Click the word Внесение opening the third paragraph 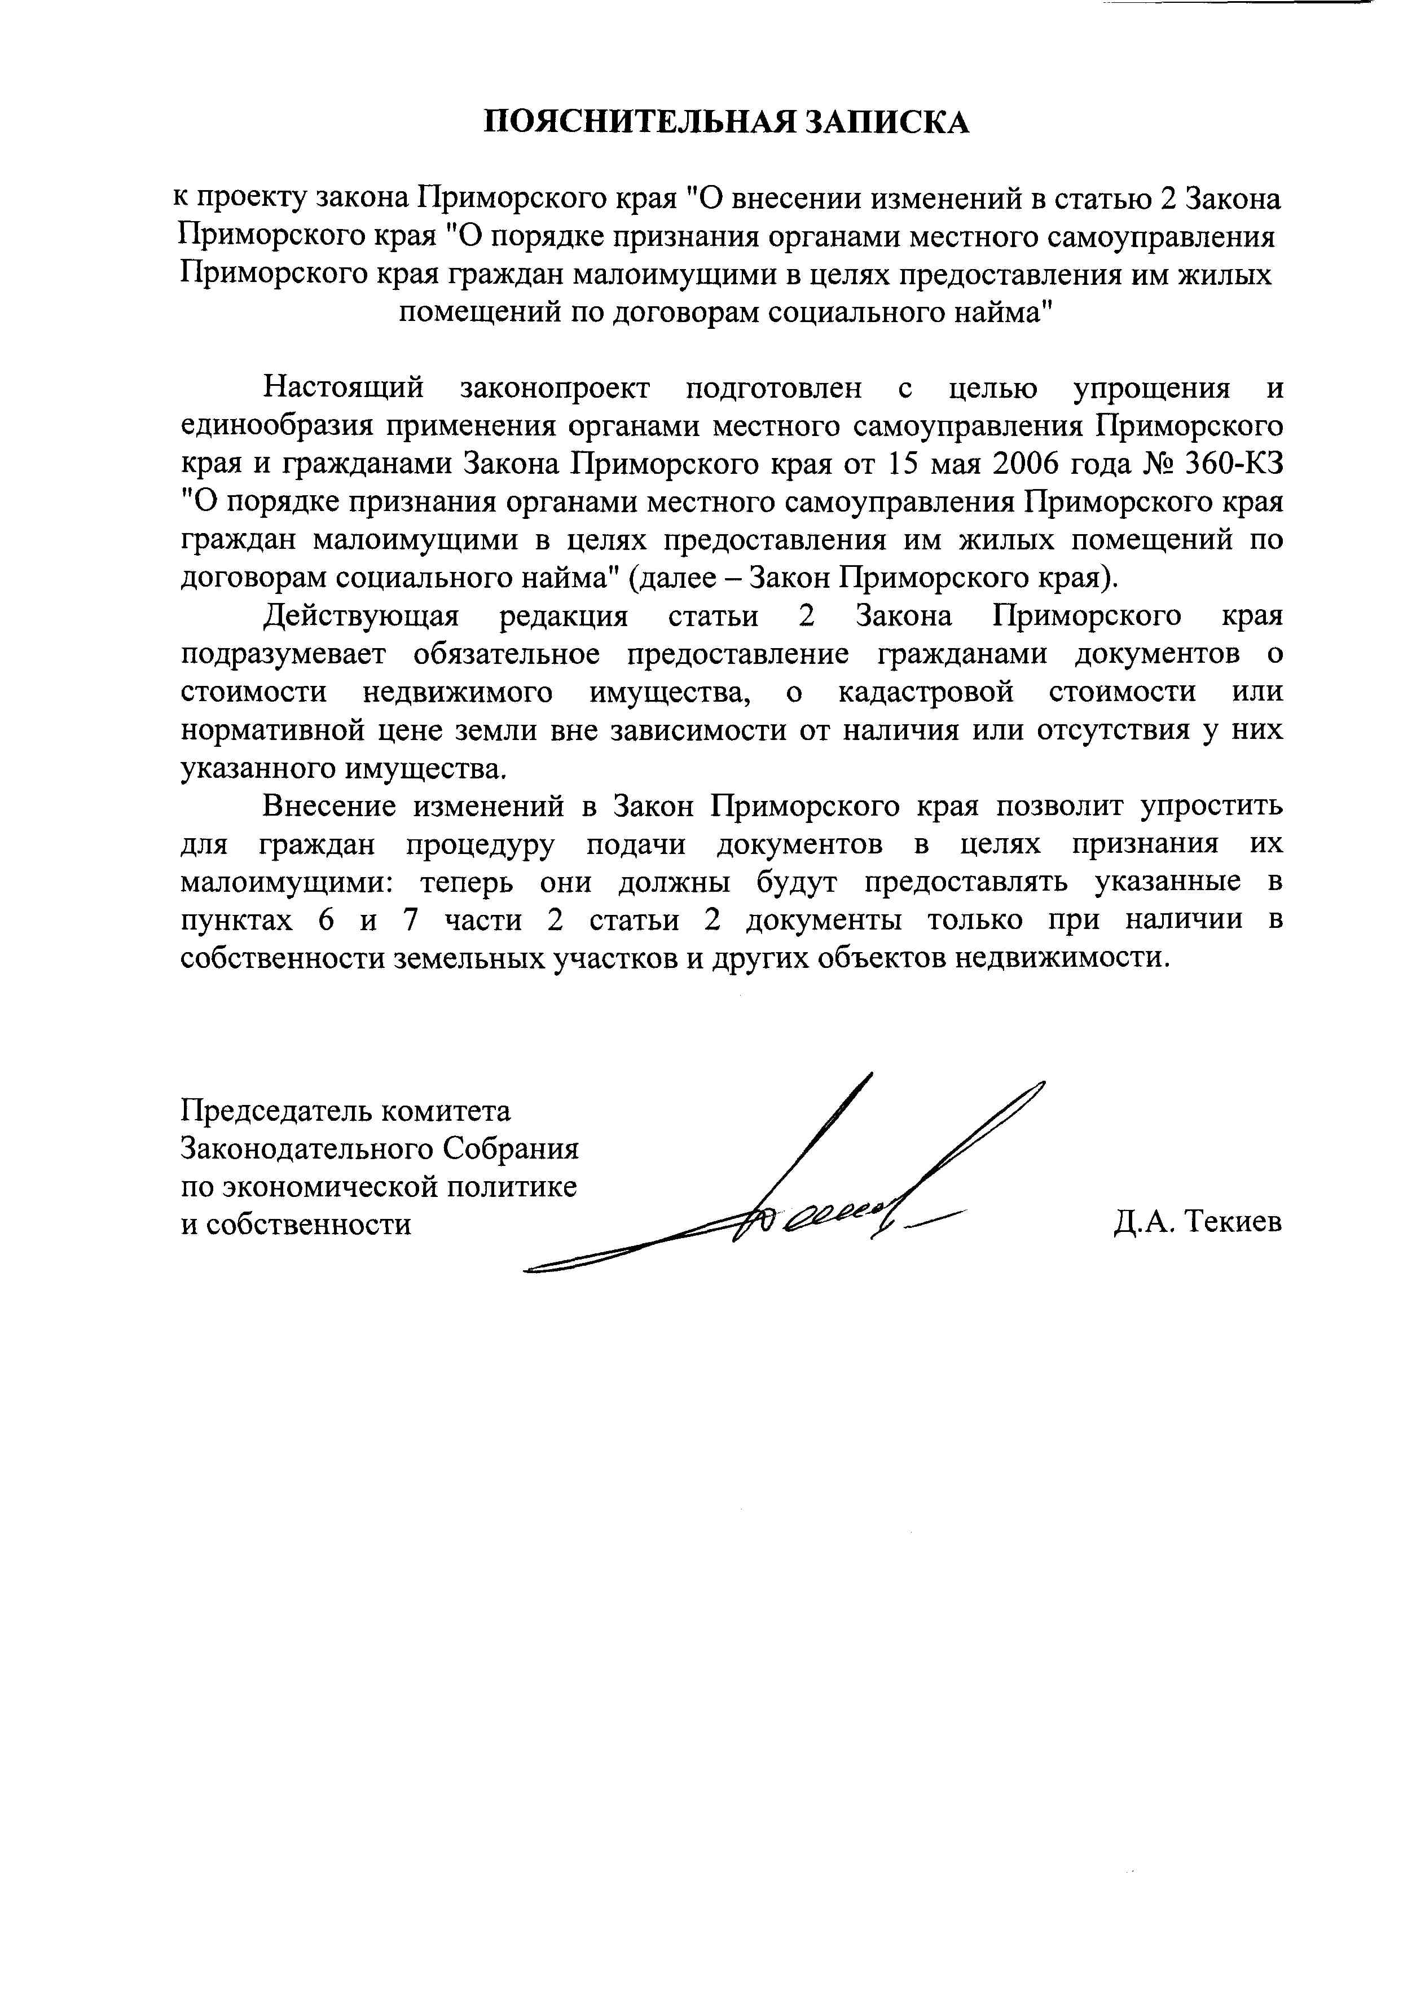point(329,805)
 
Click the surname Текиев point(1233,1223)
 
